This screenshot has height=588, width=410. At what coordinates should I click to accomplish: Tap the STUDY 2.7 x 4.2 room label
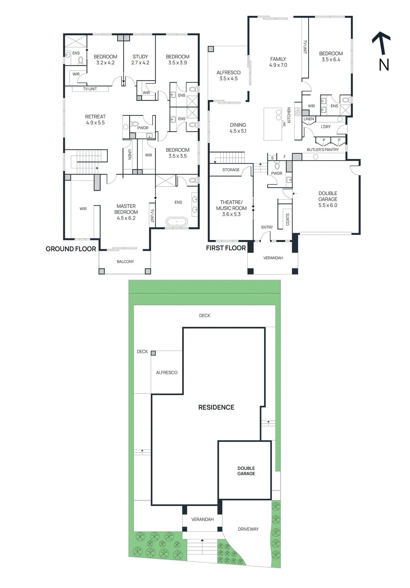(140, 60)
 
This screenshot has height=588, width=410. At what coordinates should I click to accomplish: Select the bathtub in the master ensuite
(177, 222)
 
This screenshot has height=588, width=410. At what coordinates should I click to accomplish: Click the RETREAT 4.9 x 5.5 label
(95, 119)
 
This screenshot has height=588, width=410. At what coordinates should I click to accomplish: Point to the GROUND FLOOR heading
(71, 249)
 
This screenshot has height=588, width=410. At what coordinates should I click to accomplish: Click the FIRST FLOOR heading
(226, 248)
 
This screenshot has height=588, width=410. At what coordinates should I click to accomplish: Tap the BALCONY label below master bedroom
(125, 262)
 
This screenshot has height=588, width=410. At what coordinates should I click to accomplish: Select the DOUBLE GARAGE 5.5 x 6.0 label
(328, 199)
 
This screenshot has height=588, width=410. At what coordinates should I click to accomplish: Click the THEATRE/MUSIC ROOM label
(231, 208)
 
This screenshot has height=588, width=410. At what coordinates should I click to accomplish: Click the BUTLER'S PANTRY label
(322, 150)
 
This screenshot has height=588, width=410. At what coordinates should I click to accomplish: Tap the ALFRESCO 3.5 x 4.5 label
(228, 75)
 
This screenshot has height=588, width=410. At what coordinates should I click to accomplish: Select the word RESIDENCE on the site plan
(216, 407)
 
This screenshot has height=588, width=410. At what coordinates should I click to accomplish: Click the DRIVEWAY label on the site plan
(248, 529)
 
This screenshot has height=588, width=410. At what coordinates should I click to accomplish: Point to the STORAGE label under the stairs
(231, 170)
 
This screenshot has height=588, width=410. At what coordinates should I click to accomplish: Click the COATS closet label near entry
(288, 219)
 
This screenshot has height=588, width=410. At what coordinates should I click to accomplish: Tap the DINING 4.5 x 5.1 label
(238, 128)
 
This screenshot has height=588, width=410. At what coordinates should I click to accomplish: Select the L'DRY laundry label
(325, 127)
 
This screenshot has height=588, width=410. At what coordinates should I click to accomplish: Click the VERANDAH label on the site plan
(202, 519)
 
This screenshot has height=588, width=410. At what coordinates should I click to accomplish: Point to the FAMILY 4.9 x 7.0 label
(278, 62)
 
